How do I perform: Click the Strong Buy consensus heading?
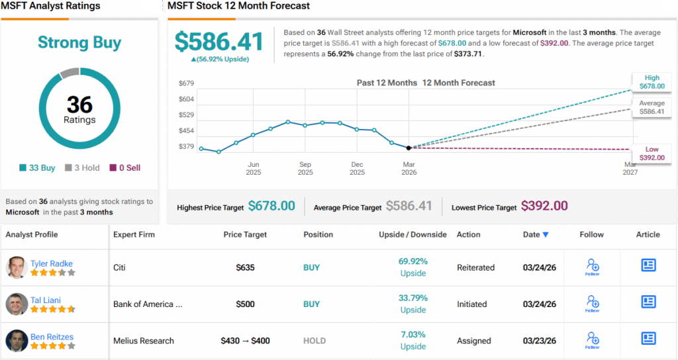point(79,43)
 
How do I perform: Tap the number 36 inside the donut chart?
point(79,105)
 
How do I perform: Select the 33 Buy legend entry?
point(38,168)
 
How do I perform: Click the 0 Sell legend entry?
point(125,168)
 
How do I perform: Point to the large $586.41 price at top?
point(219,42)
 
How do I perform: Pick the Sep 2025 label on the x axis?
point(305,168)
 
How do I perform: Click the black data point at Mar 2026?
point(409,148)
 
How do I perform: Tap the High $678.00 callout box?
point(652,81)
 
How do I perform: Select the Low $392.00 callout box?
point(652,154)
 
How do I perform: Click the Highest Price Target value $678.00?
point(271,206)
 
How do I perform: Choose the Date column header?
point(536,234)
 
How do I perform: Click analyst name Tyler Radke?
point(52,264)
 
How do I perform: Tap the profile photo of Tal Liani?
point(17,304)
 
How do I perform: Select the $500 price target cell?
point(246,304)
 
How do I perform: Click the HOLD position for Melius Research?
point(315,341)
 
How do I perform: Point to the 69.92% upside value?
point(413,261)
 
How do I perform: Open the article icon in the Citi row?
point(648,265)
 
